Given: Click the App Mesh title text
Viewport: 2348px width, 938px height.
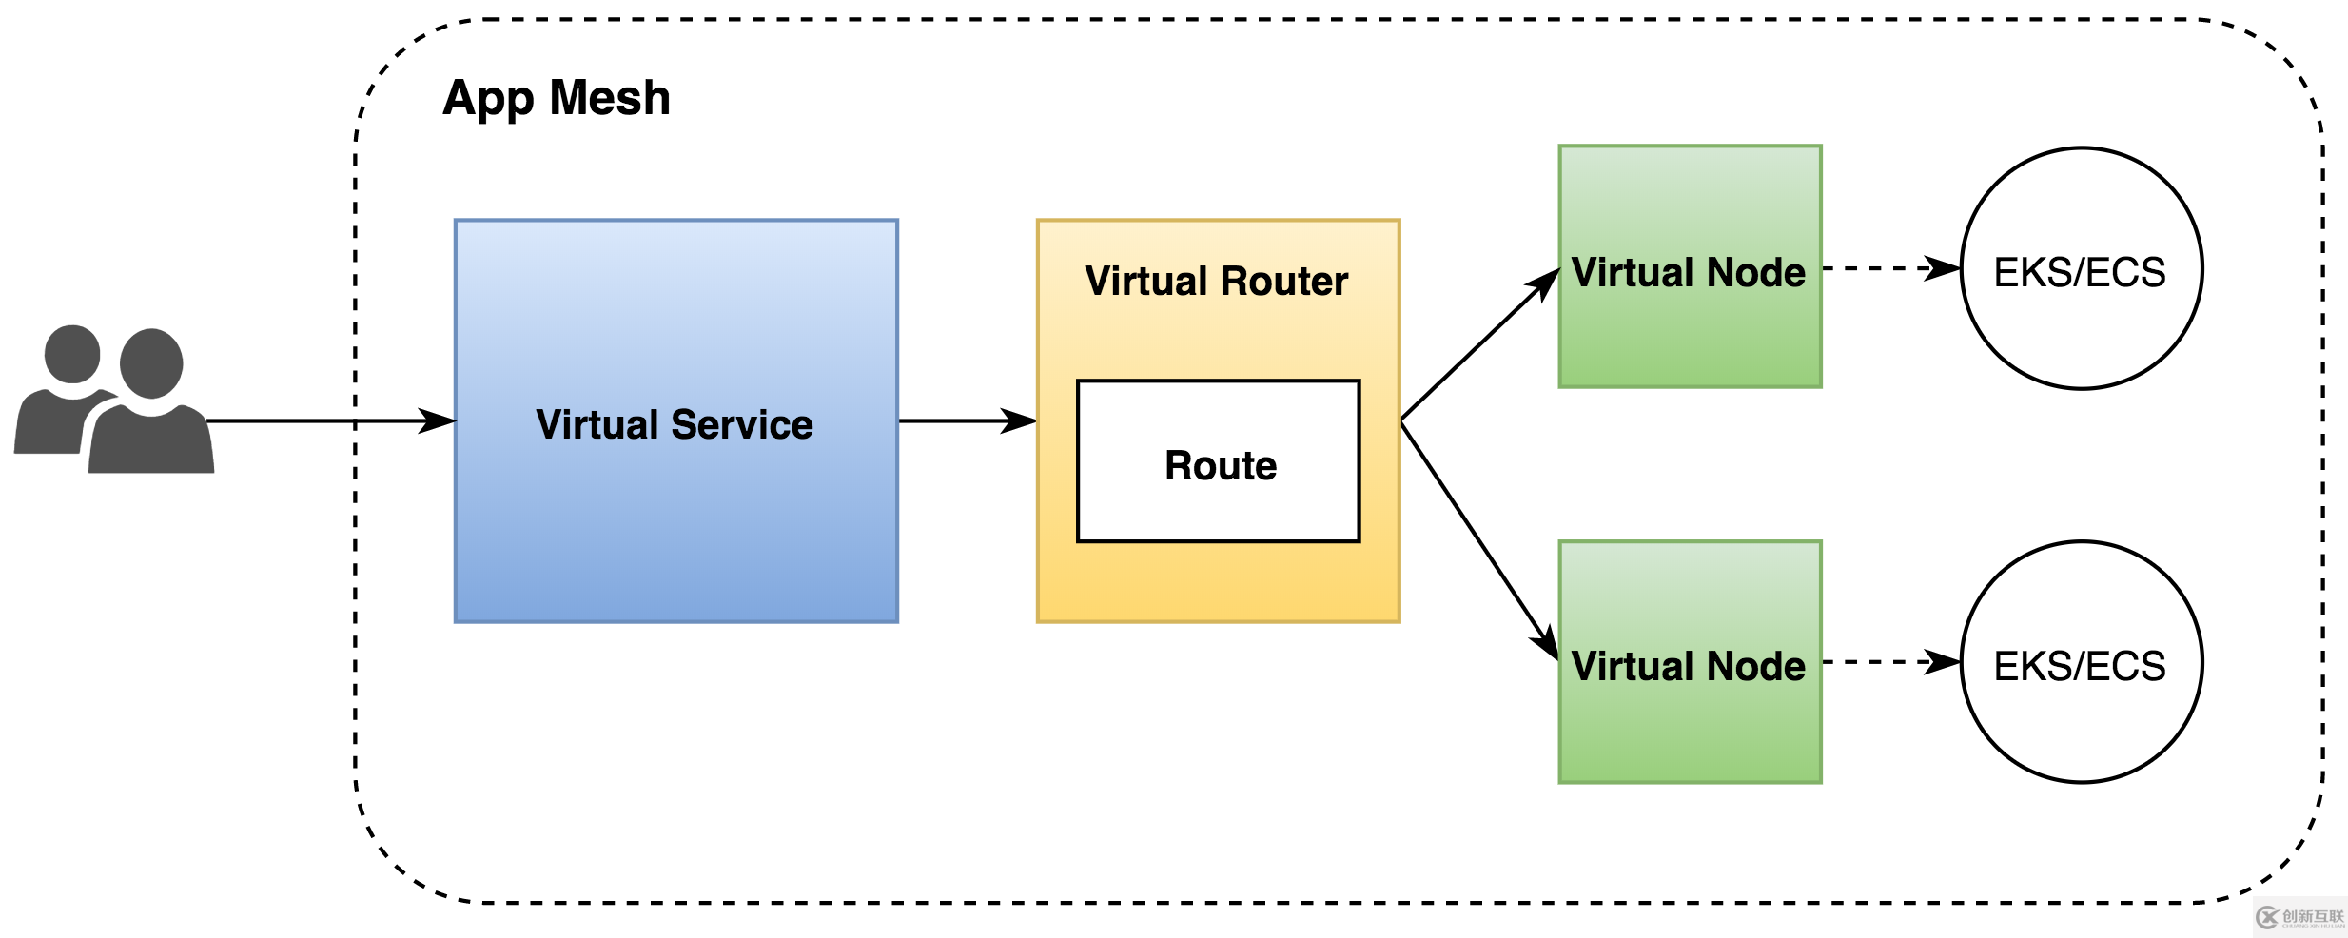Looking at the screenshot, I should (557, 99).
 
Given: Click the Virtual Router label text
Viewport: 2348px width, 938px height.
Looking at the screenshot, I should (1216, 282).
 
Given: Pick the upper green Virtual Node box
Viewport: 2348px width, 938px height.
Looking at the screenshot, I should (1689, 333).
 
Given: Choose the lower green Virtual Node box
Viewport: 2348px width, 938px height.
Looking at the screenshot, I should (1689, 733).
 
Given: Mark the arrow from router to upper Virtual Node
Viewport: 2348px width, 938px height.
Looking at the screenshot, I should (1479, 345).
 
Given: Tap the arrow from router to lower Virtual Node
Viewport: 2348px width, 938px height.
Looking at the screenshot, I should (1479, 538).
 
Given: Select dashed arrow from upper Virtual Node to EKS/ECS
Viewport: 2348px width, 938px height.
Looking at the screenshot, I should (1888, 268).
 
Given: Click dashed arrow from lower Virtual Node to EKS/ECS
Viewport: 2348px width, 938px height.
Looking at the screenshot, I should (1888, 662).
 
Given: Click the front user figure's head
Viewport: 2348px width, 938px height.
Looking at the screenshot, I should (151, 363).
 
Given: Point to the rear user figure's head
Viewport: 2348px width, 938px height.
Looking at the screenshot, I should (72, 354).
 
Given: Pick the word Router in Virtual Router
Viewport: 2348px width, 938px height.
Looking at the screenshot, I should (1283, 282).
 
